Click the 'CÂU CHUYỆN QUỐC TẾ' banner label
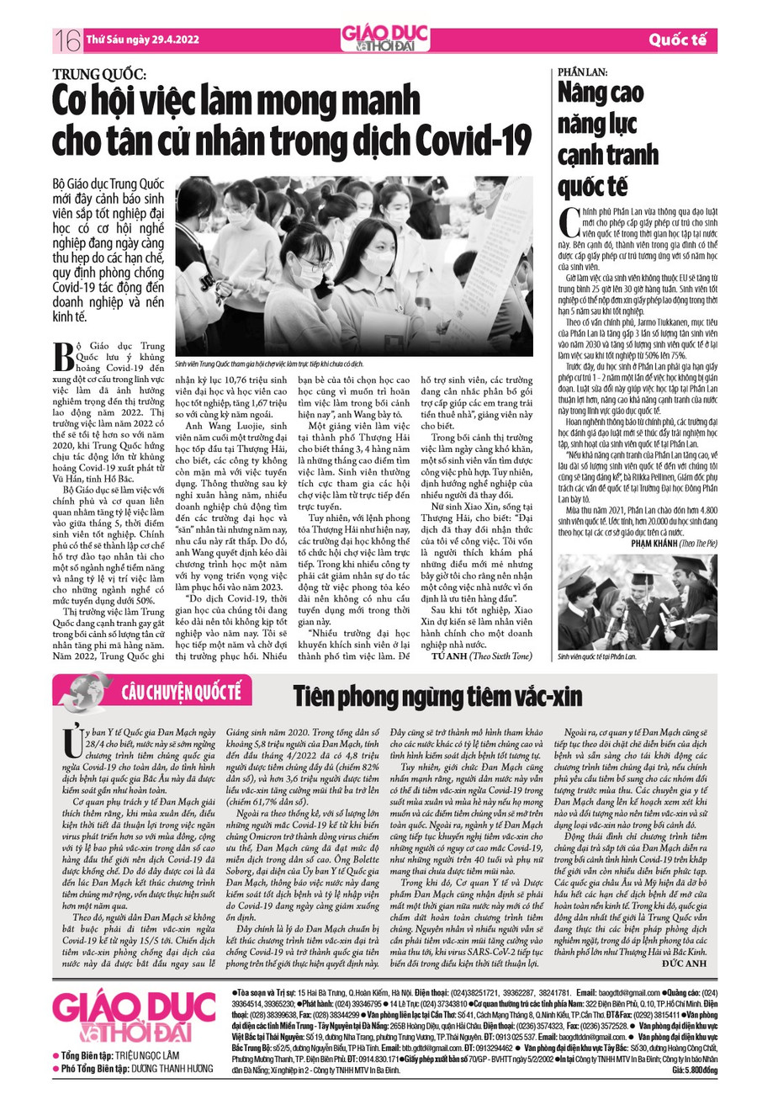tap(181, 693)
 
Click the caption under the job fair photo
tap(268, 362)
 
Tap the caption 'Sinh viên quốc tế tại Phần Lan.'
tap(597, 654)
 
